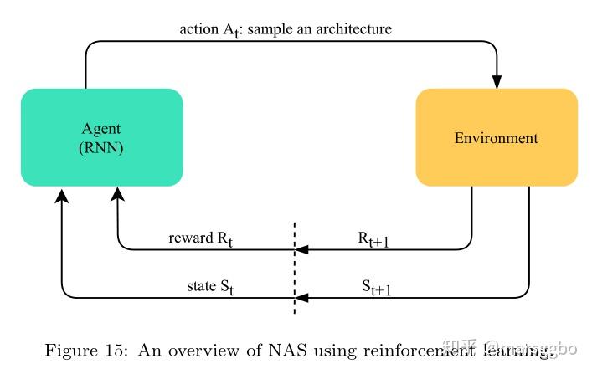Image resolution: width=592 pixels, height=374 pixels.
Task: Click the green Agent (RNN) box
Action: coord(101,137)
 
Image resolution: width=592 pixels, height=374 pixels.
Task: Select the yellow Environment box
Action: coord(497,137)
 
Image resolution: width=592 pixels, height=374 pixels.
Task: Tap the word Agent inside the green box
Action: coord(100,129)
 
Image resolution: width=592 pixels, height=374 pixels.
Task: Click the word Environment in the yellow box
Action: coord(497,137)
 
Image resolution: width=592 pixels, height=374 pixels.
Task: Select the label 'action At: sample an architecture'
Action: coord(286,29)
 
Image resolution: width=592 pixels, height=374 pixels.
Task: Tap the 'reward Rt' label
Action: coord(200,238)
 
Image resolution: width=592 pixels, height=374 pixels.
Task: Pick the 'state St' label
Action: coord(208,287)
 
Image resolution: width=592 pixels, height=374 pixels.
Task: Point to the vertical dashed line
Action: coord(294,268)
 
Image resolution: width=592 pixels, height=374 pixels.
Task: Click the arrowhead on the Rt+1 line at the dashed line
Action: coord(301,249)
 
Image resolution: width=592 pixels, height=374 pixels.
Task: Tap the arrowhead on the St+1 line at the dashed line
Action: coord(301,297)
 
